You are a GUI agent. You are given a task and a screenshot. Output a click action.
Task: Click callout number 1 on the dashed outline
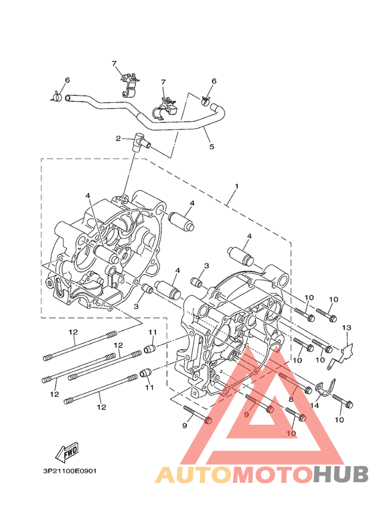[236, 187]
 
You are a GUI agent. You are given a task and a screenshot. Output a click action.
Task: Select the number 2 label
[118, 138]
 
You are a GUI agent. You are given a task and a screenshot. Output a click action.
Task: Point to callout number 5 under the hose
[212, 146]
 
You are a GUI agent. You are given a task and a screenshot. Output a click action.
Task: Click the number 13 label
[347, 328]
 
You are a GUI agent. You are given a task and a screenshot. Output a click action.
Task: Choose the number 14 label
[315, 405]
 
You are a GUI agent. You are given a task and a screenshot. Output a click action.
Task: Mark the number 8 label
[291, 399]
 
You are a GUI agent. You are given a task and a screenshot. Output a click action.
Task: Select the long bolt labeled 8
[295, 383]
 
